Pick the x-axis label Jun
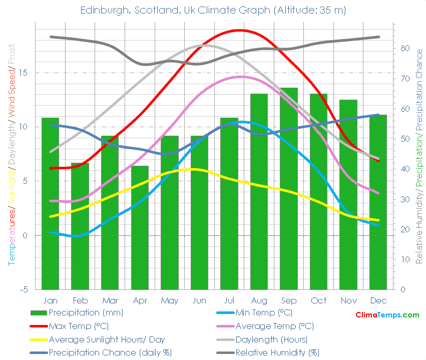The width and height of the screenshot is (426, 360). click(199, 300)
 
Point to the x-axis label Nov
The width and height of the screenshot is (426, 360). click(348, 300)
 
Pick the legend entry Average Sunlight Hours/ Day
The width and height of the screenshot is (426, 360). click(106, 339)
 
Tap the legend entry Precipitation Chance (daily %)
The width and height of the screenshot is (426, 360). click(110, 352)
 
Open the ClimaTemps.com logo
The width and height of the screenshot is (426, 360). click(387, 315)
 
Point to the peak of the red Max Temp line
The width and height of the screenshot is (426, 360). click(240, 30)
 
